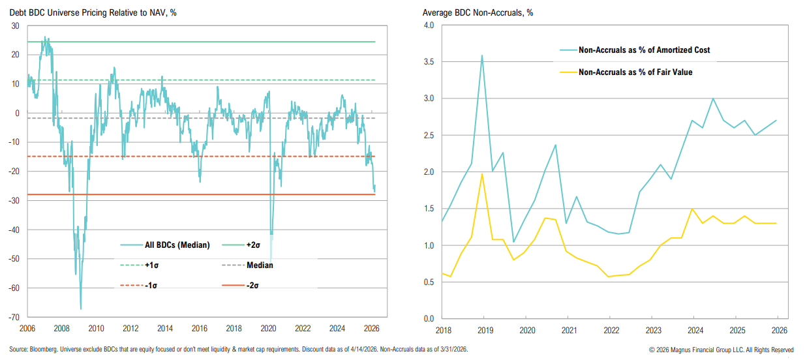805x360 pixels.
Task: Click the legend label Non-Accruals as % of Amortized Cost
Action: click(645, 50)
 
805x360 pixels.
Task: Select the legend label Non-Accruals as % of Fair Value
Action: click(635, 72)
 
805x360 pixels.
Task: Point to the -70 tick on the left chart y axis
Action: click(12, 317)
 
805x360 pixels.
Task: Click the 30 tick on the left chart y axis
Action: click(15, 26)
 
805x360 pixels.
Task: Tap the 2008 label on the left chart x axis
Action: click(61, 328)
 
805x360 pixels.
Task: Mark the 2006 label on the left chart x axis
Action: click(27, 328)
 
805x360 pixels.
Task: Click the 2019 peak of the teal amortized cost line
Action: click(482, 55)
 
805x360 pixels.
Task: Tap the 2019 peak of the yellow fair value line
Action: click(482, 174)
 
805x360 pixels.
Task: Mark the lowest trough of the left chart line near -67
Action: click(81, 308)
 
